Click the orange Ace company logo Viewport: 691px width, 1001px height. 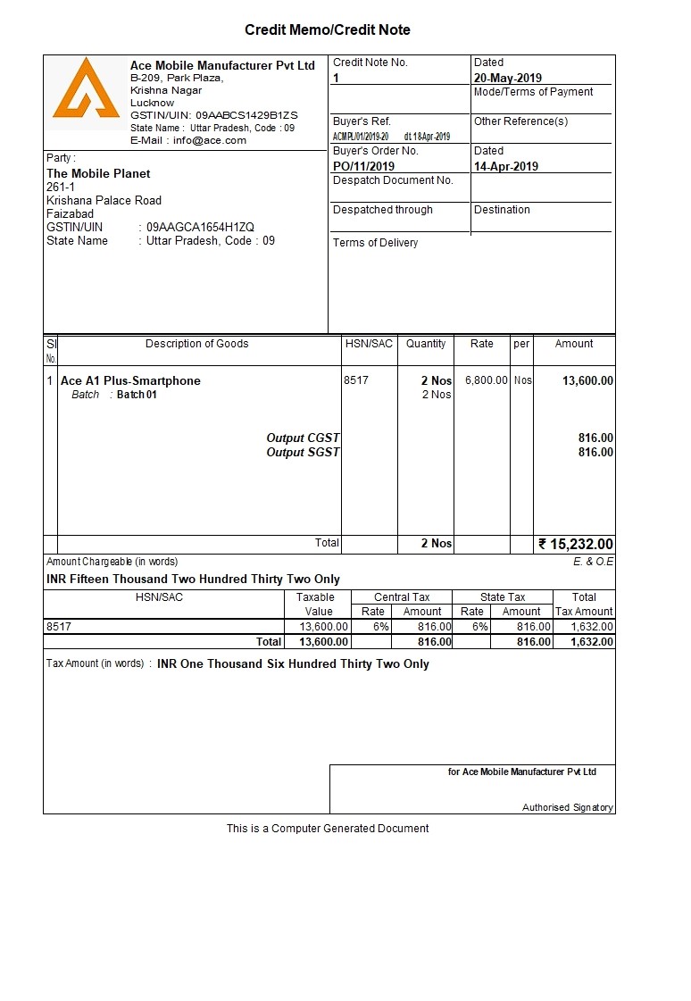86,89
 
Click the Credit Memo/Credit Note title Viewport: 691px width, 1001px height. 328,30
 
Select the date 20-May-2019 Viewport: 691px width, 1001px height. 507,78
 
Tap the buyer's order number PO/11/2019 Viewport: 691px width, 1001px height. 363,166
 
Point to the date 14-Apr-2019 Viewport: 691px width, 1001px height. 505,166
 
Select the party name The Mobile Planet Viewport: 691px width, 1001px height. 98,173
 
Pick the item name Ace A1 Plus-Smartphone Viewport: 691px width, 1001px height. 130,380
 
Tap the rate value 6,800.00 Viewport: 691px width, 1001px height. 487,380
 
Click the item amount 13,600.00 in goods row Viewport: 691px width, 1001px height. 587,380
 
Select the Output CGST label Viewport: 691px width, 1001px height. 303,438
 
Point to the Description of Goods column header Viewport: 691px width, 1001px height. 196,344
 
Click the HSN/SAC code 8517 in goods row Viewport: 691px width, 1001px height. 355,380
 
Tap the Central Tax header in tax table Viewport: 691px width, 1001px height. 402,597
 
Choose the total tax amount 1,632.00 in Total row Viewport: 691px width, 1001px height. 585,641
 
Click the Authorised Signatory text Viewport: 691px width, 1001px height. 567,807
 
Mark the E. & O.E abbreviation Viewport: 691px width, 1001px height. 593,562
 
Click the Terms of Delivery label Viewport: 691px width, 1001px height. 375,243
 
